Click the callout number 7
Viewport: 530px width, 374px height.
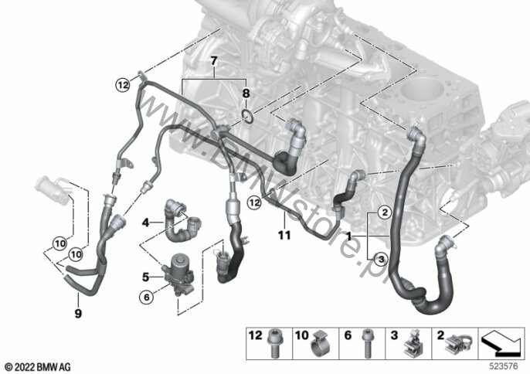(215, 60)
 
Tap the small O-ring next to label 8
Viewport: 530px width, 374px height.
(247, 117)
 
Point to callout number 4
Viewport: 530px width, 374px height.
(144, 224)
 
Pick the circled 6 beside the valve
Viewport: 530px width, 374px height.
(144, 294)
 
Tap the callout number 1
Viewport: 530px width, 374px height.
(349, 235)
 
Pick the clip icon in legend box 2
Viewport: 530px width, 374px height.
(456, 342)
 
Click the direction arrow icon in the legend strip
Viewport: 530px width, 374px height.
(500, 341)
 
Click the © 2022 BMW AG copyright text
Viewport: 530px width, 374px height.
(36, 365)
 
